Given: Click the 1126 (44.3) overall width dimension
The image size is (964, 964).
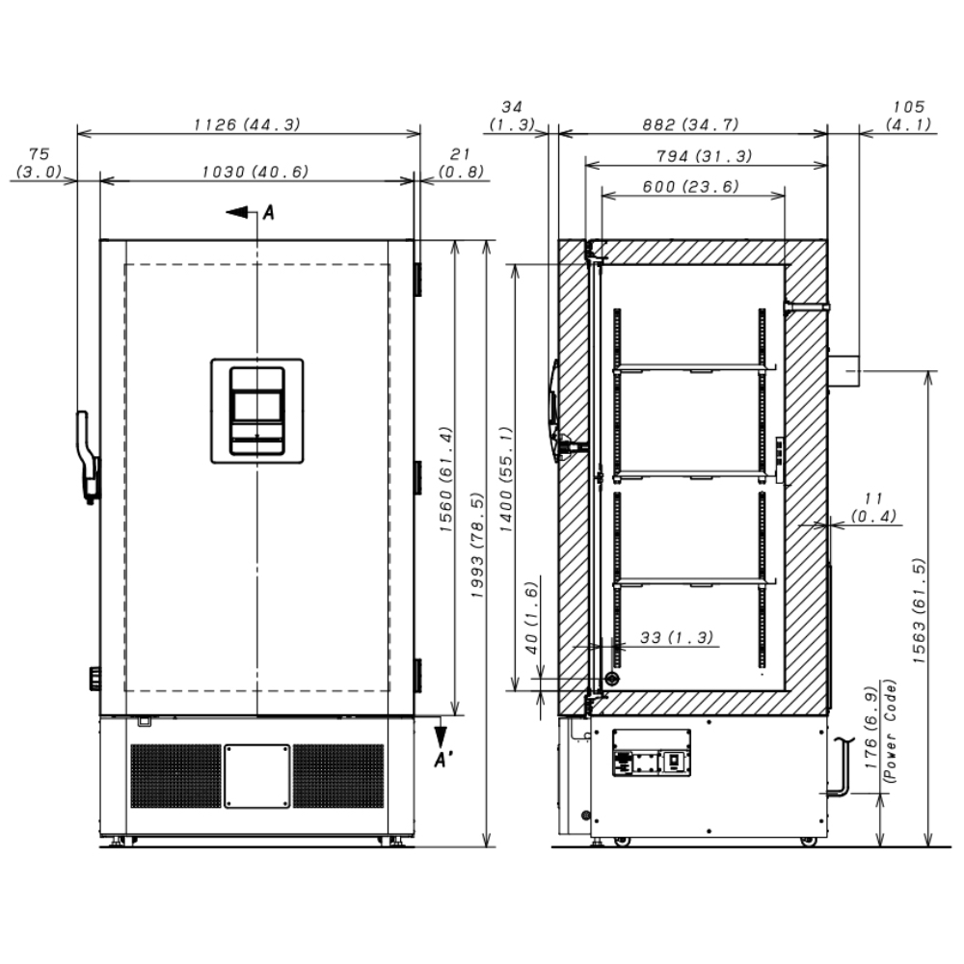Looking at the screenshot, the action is [x=247, y=124].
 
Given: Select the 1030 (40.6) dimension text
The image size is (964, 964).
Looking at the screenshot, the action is [x=255, y=172].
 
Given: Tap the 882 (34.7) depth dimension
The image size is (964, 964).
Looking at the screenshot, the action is [x=690, y=124].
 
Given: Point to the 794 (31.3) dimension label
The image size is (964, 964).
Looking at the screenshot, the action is [x=704, y=156].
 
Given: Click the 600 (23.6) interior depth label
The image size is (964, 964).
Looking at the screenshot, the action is [x=690, y=186].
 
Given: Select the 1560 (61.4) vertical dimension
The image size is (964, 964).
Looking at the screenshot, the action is [x=445, y=479].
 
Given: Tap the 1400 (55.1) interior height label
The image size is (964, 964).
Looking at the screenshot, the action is [x=505, y=479].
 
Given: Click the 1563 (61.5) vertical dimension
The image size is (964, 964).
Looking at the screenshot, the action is [x=919, y=610].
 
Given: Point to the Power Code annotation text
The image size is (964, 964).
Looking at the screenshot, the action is [x=890, y=731].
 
